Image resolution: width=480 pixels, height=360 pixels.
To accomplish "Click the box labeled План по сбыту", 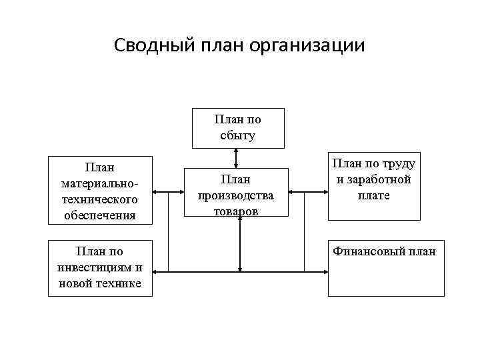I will click(238, 127).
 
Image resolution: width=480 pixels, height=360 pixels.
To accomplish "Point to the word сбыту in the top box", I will click(238, 135).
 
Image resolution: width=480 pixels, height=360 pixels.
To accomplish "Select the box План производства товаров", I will click(236, 193).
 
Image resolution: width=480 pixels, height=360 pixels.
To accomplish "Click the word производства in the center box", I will click(236, 195).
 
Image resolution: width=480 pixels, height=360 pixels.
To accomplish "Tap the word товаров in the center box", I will click(236, 210).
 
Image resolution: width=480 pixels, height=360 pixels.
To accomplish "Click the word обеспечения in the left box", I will click(99, 215).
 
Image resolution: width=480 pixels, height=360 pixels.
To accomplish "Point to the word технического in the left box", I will click(99, 199).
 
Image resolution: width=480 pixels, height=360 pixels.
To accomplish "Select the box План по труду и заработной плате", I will click(374, 186).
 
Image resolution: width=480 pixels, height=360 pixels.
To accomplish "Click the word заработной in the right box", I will click(373, 179).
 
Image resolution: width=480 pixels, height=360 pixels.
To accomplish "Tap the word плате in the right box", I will click(373, 195).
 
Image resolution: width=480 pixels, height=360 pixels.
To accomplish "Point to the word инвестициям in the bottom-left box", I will click(100, 267).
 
